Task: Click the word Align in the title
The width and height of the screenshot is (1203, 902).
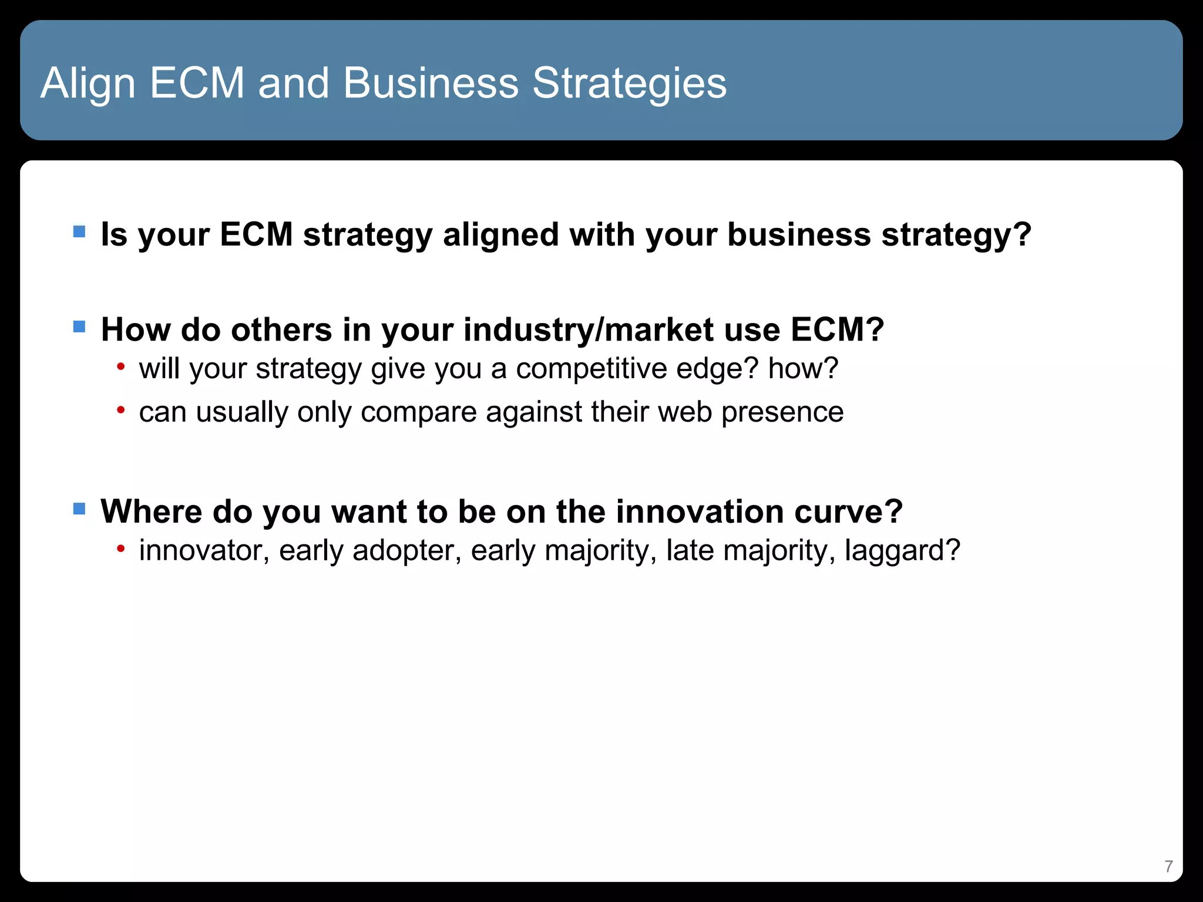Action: pos(88,83)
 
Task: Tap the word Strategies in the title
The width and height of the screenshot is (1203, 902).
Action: pos(629,83)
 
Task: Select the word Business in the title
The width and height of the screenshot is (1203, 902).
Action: pos(431,83)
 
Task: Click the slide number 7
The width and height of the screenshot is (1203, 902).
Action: pos(1168,866)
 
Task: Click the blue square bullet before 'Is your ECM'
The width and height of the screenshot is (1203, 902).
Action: pos(79,231)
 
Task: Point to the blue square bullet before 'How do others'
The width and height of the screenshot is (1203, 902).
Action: pos(79,327)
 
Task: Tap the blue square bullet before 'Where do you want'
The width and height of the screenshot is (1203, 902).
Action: pos(79,508)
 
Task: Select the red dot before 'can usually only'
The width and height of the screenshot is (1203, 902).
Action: pos(120,410)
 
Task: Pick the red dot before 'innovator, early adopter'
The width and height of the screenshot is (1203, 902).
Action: pos(120,549)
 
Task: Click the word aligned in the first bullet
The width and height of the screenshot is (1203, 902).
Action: pos(500,235)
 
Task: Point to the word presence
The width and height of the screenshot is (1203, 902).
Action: pos(782,412)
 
